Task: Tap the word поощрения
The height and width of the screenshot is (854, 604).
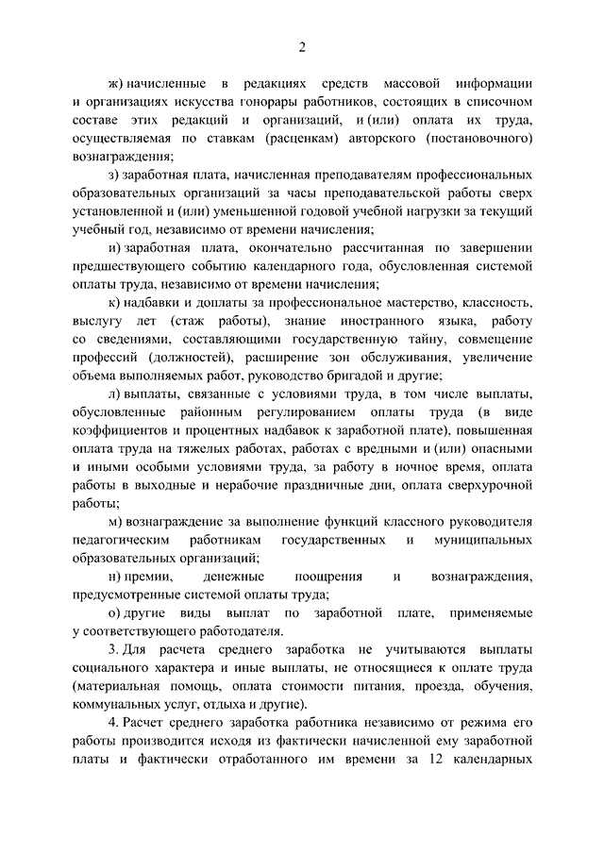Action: pos(328,577)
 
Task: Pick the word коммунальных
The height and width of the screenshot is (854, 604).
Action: pos(120,705)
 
